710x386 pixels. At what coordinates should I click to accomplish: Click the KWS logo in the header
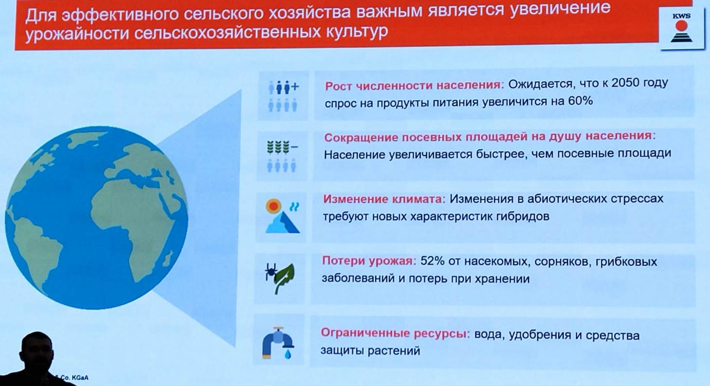(x=681, y=28)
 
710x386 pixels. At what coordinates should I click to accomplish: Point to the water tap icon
(x=278, y=343)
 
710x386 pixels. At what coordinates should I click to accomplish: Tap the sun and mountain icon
(x=282, y=216)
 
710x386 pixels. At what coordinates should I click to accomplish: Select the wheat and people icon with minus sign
(x=282, y=157)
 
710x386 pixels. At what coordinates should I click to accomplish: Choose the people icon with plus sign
(x=283, y=96)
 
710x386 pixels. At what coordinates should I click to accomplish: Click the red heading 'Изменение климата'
(x=384, y=199)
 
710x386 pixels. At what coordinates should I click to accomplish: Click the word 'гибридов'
(x=523, y=217)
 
